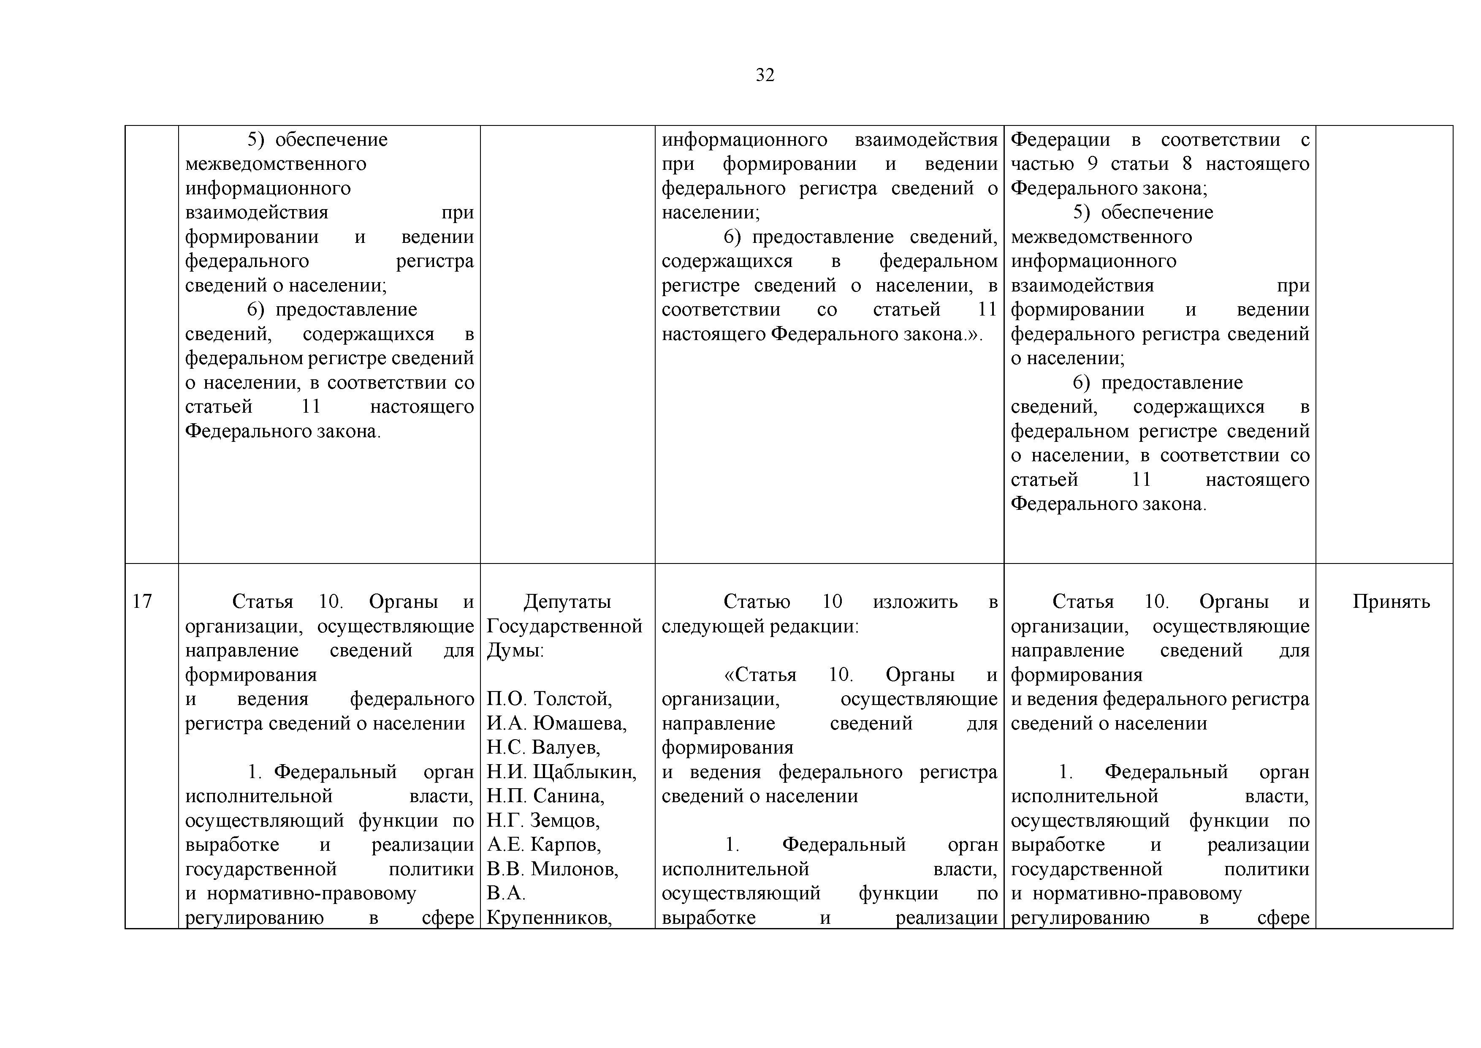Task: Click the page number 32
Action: (765, 76)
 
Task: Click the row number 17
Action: (142, 602)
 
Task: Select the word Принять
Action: (1391, 602)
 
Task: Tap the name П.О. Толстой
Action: (549, 699)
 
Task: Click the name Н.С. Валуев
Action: (543, 747)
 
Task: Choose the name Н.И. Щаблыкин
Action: (561, 772)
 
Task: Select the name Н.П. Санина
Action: (545, 796)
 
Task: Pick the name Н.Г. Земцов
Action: (542, 820)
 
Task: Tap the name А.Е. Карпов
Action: (543, 845)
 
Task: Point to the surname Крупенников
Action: (549, 917)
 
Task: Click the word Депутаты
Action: (567, 602)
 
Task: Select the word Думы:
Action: (515, 651)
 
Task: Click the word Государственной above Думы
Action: (564, 626)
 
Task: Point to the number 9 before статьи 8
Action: (1092, 164)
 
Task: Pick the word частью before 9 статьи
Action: (1042, 164)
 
